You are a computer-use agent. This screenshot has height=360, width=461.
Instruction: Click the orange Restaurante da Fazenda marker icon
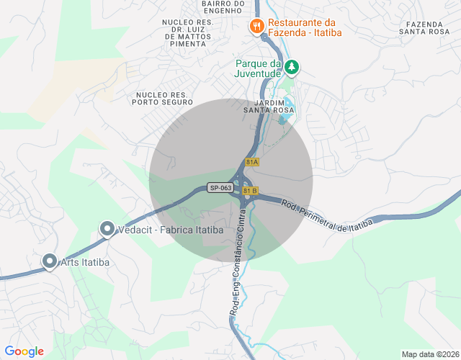(x=256, y=27)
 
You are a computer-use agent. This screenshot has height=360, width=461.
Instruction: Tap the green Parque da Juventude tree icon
(x=291, y=68)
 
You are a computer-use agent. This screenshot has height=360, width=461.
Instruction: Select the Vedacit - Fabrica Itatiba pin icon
(x=107, y=230)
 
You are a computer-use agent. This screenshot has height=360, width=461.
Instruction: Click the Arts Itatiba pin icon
(x=50, y=261)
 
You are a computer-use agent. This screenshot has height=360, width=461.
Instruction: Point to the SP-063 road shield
(x=220, y=188)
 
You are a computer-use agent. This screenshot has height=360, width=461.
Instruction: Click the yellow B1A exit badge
(x=251, y=163)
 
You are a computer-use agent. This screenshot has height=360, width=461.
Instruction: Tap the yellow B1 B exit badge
(x=250, y=191)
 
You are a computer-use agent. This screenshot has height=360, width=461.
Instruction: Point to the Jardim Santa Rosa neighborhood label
(x=269, y=107)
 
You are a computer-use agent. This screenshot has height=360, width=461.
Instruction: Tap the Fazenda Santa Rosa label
(x=429, y=27)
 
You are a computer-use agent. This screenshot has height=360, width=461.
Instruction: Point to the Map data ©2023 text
(x=429, y=354)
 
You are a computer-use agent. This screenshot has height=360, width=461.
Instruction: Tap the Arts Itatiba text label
(x=86, y=262)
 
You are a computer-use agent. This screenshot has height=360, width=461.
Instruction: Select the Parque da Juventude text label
(x=258, y=68)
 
